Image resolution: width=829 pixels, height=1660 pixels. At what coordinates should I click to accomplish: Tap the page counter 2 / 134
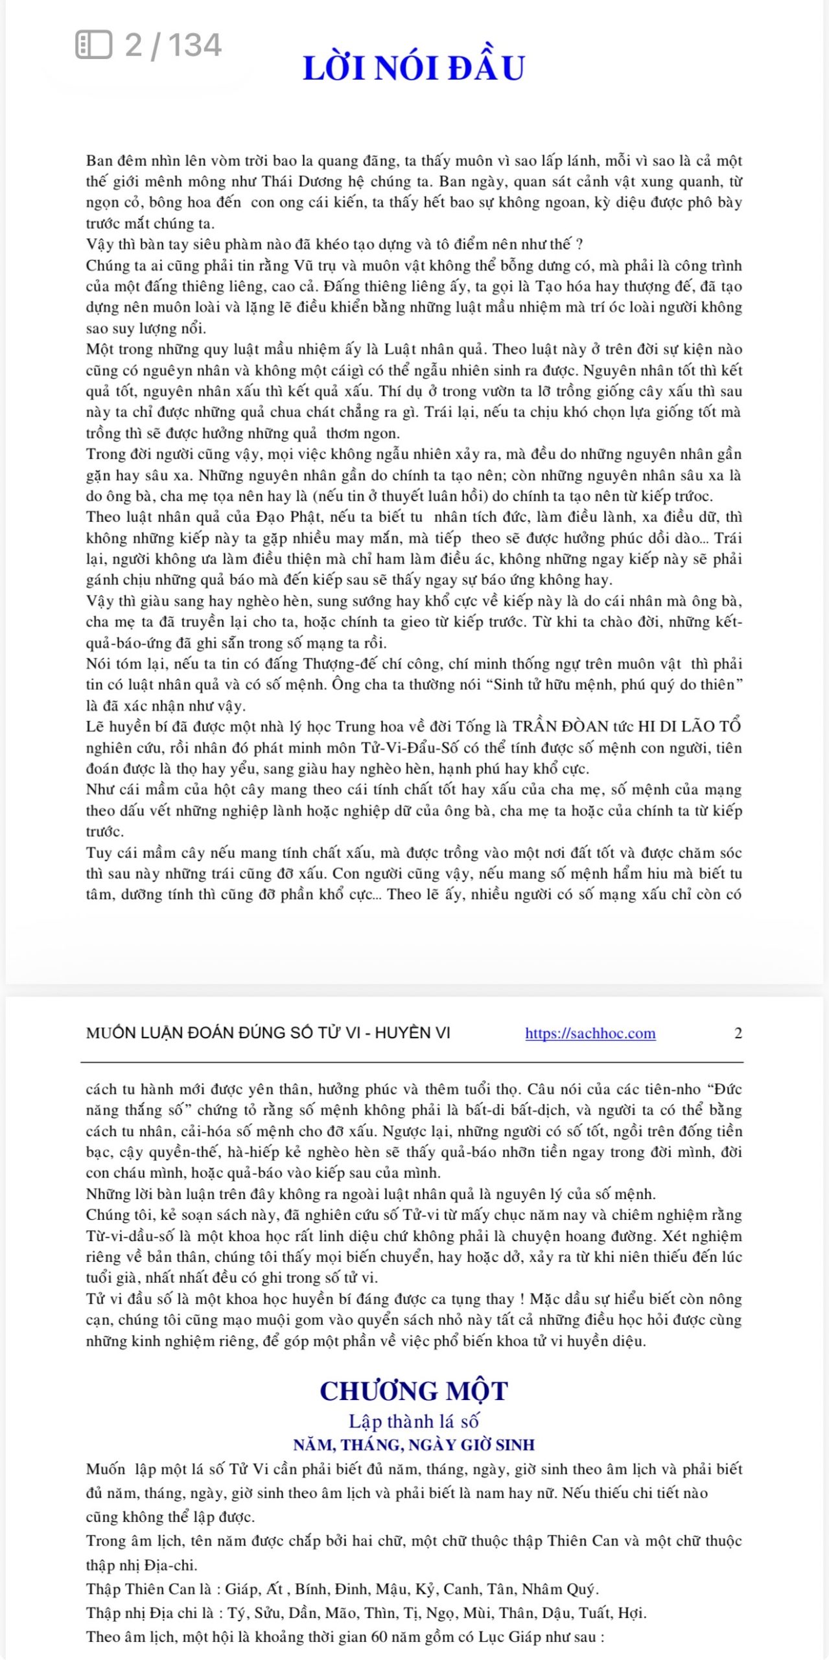coord(173,45)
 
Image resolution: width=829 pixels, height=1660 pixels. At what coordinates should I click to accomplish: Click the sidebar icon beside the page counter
coord(94,45)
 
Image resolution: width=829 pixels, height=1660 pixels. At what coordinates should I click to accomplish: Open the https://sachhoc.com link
coord(590,1033)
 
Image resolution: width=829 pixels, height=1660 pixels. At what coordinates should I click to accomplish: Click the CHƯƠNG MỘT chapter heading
coord(414,1391)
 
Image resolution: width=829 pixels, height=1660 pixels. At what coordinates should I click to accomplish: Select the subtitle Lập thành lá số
coord(414,1421)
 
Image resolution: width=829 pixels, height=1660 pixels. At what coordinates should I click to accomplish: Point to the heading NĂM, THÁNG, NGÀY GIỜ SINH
coord(414,1445)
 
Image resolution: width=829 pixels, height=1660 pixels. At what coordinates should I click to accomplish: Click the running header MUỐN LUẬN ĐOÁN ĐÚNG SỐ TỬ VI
coord(268,1033)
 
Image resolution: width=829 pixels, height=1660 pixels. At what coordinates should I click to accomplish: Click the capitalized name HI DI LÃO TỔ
coord(689,726)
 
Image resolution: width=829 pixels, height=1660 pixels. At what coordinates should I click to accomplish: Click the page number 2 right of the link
coord(738,1033)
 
